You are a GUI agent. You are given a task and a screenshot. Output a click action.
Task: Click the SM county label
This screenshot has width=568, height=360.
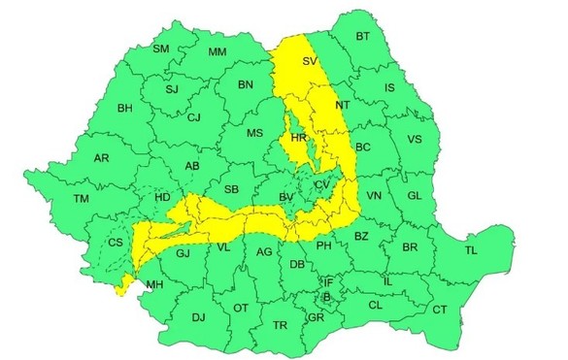[x=161, y=49]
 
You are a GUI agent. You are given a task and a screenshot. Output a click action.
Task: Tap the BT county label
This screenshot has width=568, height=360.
[x=363, y=37]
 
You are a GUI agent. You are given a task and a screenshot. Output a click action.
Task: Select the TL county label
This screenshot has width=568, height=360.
[x=472, y=250]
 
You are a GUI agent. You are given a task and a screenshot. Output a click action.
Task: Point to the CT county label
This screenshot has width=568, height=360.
[x=440, y=310]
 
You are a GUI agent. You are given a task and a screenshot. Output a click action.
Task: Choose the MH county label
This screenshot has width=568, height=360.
[x=153, y=285]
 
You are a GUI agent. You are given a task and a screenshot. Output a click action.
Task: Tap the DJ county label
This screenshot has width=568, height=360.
[x=198, y=316]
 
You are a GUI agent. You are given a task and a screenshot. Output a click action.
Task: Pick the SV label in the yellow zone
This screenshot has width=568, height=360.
[x=310, y=62]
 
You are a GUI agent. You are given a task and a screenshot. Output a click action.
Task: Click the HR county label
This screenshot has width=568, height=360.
[x=299, y=140]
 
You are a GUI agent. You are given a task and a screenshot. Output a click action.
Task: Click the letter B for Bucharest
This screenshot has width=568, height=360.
[x=327, y=296]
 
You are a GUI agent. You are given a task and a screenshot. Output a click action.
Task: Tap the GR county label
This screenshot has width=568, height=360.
[x=315, y=317]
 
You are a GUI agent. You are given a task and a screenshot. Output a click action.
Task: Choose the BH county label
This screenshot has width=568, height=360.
[x=124, y=108]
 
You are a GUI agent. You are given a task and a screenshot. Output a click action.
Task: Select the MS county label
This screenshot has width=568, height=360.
[x=254, y=133]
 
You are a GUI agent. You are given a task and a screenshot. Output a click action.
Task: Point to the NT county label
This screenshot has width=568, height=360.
[x=342, y=105]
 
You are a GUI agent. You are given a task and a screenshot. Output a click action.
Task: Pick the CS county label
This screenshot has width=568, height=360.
[x=116, y=243]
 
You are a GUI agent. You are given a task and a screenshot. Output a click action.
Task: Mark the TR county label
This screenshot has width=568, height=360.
[x=281, y=325]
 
